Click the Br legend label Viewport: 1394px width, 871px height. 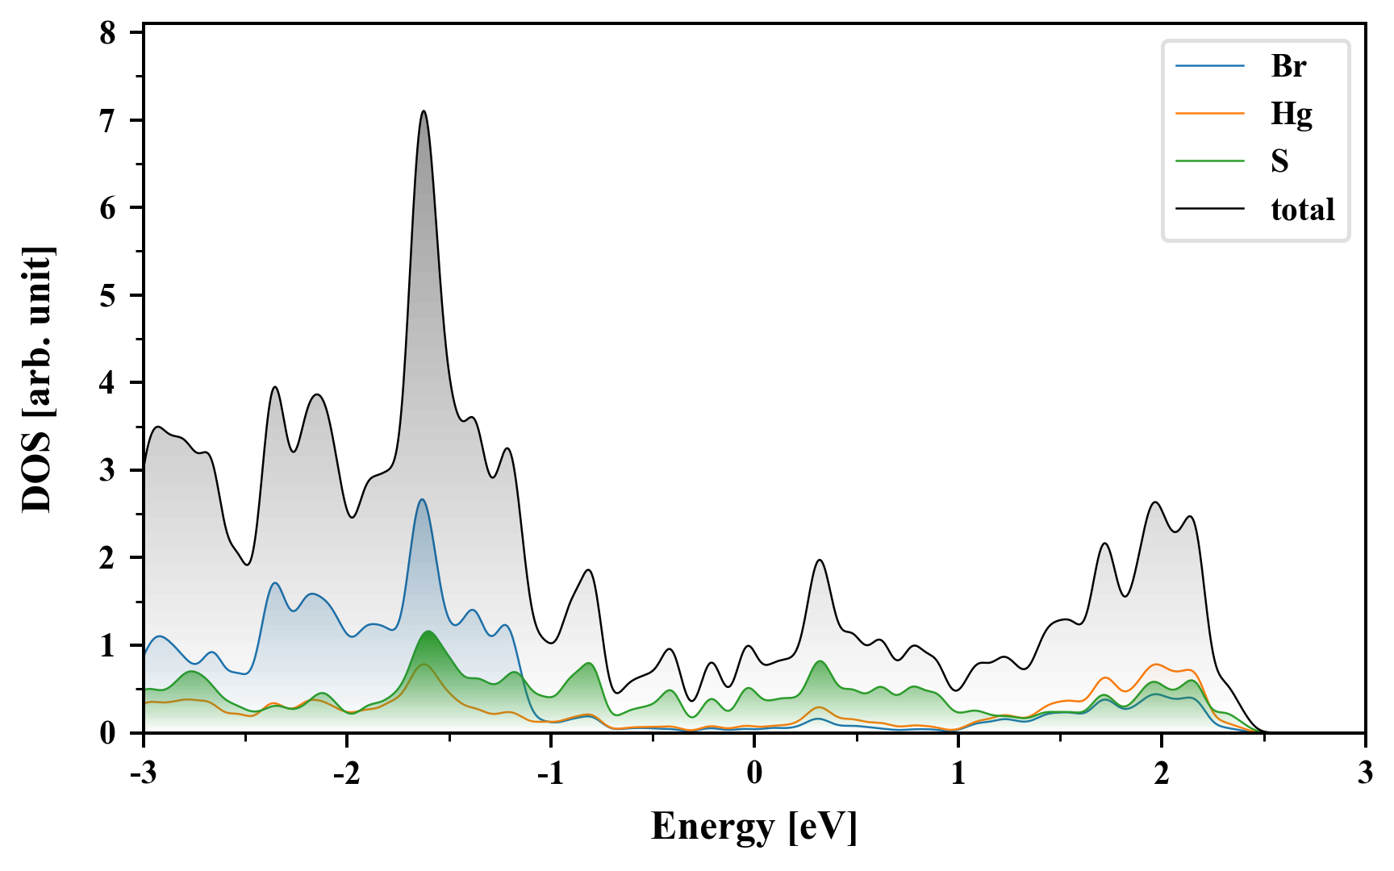point(1288,66)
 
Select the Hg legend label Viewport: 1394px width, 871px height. point(1291,114)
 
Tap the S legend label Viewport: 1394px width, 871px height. point(1279,161)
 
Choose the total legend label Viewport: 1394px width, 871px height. point(1302,210)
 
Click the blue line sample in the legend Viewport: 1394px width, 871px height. point(1210,66)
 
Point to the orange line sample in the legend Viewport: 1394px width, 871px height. point(1210,114)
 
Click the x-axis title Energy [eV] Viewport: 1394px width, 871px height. point(754,827)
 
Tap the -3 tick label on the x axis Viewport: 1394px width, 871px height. point(143,773)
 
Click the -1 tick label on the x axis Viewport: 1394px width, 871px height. point(550,773)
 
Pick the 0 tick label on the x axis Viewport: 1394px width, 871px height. point(754,773)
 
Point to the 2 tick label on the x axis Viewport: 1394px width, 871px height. point(1161,773)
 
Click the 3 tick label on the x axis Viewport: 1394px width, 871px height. point(1365,773)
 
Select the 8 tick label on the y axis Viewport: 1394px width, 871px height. point(108,33)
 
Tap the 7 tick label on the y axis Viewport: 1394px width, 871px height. point(108,120)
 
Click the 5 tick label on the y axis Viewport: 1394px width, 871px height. point(108,295)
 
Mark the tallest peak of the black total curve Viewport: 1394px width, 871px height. point(424,111)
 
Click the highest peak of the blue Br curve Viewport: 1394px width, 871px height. point(421,500)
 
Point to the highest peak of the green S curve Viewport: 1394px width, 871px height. point(428,631)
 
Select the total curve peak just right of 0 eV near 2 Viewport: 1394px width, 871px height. point(820,560)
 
